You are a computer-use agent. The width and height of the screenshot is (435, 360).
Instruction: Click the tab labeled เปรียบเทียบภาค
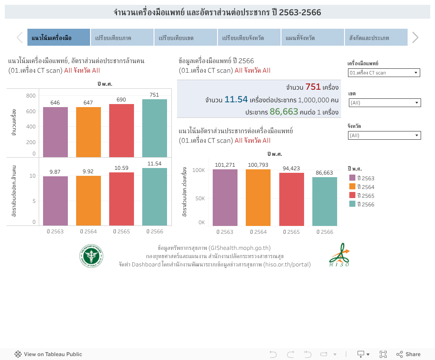[122, 37]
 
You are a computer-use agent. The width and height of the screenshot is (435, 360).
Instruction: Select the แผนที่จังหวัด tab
[312, 37]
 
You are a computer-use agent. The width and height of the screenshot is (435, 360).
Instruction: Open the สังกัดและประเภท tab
[376, 37]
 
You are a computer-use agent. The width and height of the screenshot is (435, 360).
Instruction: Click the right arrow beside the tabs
[415, 37]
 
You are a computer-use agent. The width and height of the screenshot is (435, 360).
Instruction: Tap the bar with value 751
[154, 128]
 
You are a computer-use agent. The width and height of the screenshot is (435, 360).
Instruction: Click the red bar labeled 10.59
[121, 199]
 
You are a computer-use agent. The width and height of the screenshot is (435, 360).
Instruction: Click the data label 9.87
[55, 172]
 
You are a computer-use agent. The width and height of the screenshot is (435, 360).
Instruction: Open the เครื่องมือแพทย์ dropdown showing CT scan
[384, 73]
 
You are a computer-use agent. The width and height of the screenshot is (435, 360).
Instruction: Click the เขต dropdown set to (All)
[385, 103]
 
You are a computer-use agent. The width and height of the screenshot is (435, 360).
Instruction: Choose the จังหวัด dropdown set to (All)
[385, 135]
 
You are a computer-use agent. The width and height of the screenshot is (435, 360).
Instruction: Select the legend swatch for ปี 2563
[352, 178]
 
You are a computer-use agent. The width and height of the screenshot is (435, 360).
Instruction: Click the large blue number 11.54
[236, 100]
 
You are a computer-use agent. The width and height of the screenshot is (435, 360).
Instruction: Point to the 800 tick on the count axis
[30, 95]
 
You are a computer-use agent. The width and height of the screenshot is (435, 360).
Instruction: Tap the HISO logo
[339, 255]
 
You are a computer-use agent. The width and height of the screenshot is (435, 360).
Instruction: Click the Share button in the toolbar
[408, 354]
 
